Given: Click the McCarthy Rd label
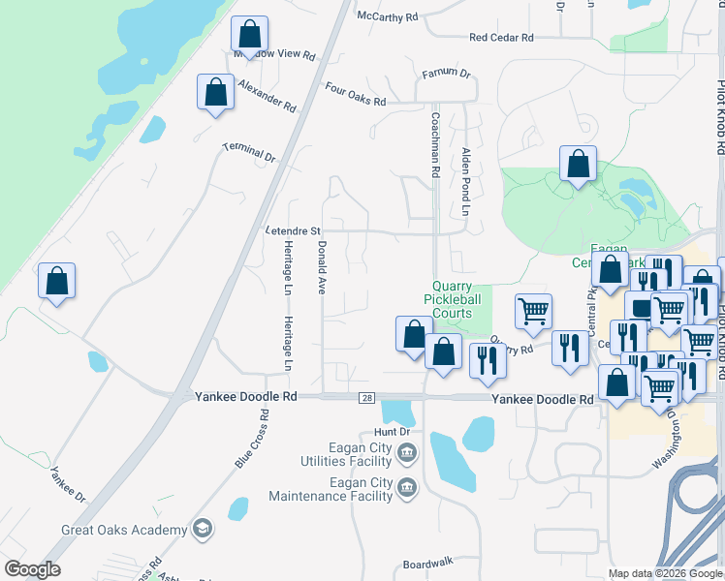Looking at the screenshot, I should (387, 16).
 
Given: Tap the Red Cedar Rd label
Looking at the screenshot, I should (501, 38).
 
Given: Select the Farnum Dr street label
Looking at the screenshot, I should (446, 74).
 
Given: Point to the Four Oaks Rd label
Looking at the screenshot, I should (356, 94).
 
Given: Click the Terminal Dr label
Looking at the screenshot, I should (250, 152).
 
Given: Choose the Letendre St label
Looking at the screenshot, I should (293, 231).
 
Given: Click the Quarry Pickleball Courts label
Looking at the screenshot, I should (452, 299).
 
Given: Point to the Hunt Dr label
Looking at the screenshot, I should (394, 432).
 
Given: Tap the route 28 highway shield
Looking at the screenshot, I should (366, 398).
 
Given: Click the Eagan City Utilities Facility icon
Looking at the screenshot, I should (407, 452).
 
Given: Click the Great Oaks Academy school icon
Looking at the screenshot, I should (203, 530).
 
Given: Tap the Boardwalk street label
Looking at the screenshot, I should (428, 564).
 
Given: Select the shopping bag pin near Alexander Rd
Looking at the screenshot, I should (215, 92).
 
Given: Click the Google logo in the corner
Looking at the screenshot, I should (32, 569).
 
